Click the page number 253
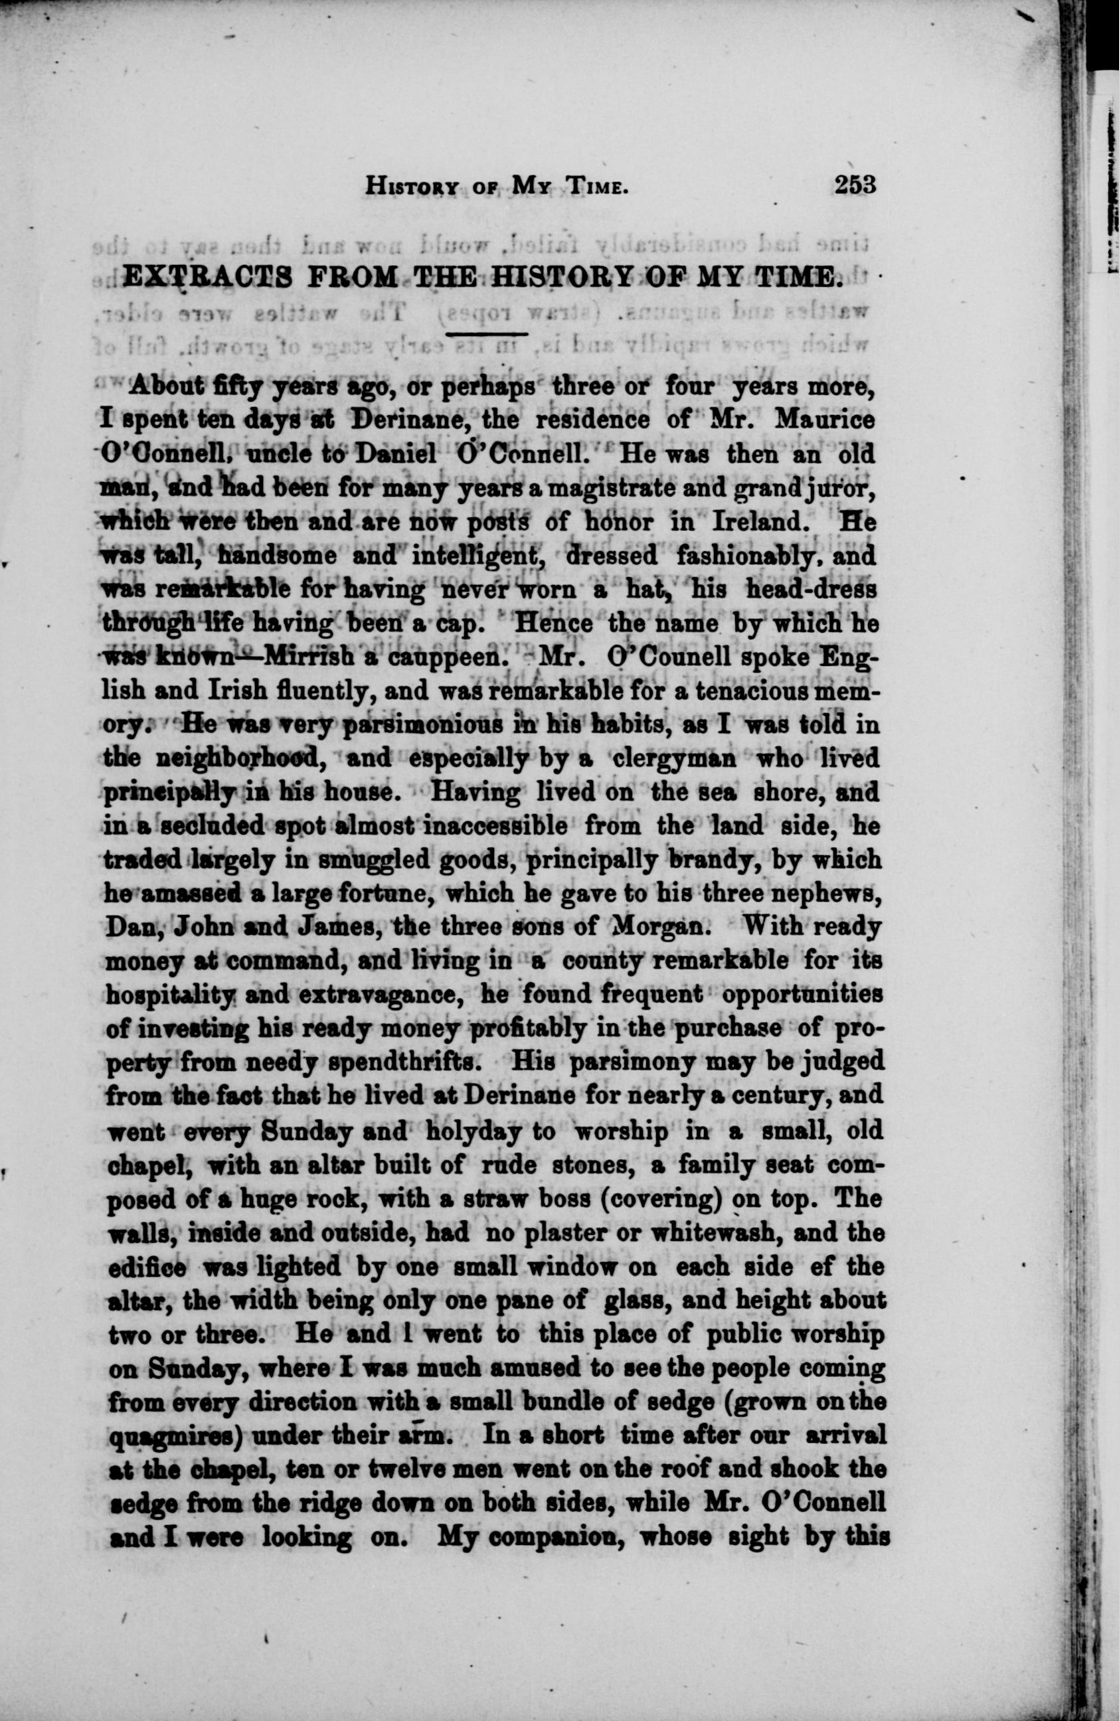click(855, 185)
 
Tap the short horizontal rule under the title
click(487, 335)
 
